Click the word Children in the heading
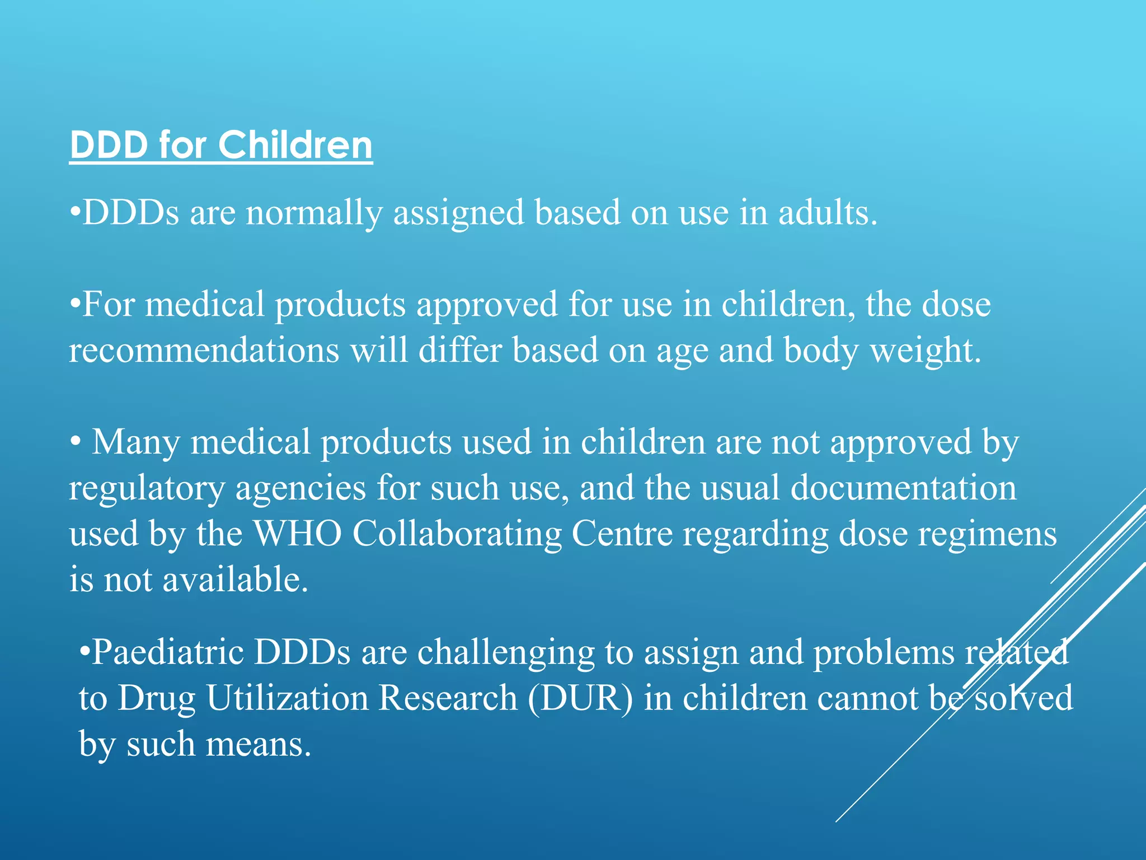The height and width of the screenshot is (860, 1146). pos(295,145)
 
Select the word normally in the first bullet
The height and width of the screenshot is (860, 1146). pos(314,214)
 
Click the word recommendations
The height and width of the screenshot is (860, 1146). pos(204,350)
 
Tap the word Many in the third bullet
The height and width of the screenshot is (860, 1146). pos(135,442)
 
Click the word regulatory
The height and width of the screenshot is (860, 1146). pos(147,489)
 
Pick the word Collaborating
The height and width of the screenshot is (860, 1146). pos(457,534)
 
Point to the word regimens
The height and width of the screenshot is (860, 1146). pos(987,535)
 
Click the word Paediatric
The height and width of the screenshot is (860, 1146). pos(167,652)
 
